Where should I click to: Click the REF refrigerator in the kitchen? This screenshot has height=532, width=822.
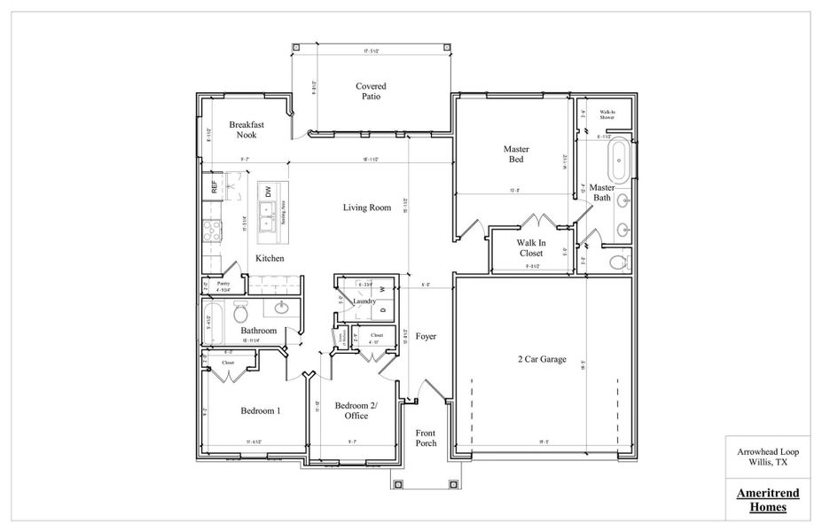[x=214, y=187]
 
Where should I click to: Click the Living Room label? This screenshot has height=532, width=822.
[x=367, y=208]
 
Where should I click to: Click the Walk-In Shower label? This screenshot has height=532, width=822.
[x=607, y=113]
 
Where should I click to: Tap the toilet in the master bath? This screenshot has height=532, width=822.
[x=619, y=262]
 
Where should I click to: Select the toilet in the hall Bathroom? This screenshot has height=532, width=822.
[x=240, y=313]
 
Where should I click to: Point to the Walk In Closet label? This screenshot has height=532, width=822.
[x=531, y=247]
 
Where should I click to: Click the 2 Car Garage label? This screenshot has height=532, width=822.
[x=544, y=359]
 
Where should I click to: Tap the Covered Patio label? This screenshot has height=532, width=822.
[x=371, y=90]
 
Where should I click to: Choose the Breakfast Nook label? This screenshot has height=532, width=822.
[x=246, y=129]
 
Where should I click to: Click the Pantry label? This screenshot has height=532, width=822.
[x=223, y=285]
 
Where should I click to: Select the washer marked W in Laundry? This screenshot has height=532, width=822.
[x=382, y=289]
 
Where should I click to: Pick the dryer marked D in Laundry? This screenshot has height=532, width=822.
[x=382, y=310]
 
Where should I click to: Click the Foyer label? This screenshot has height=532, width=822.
[x=426, y=337]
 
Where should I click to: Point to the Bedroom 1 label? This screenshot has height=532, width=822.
[x=261, y=411]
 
